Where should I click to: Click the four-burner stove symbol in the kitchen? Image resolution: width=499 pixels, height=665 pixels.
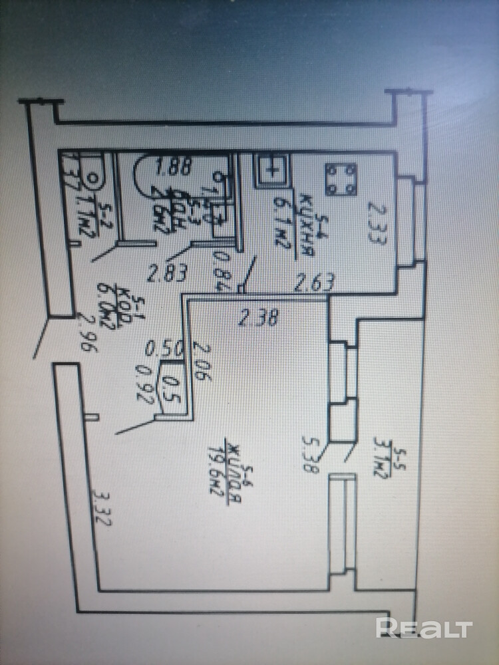[x=342, y=179]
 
